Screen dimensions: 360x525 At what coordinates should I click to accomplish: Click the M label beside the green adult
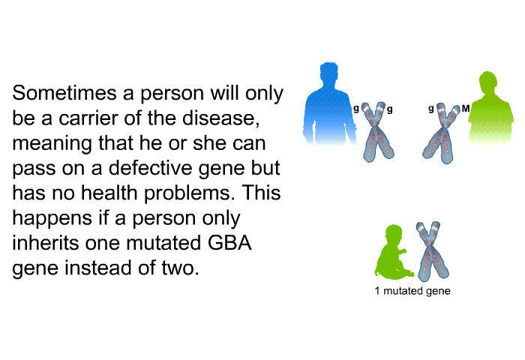(466, 109)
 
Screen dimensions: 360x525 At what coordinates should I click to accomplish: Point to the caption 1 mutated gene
(412, 291)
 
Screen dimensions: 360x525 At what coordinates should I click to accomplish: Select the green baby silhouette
(390, 252)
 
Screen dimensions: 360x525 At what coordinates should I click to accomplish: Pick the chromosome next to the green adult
(444, 131)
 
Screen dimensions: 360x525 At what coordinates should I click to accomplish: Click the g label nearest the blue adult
(356, 109)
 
